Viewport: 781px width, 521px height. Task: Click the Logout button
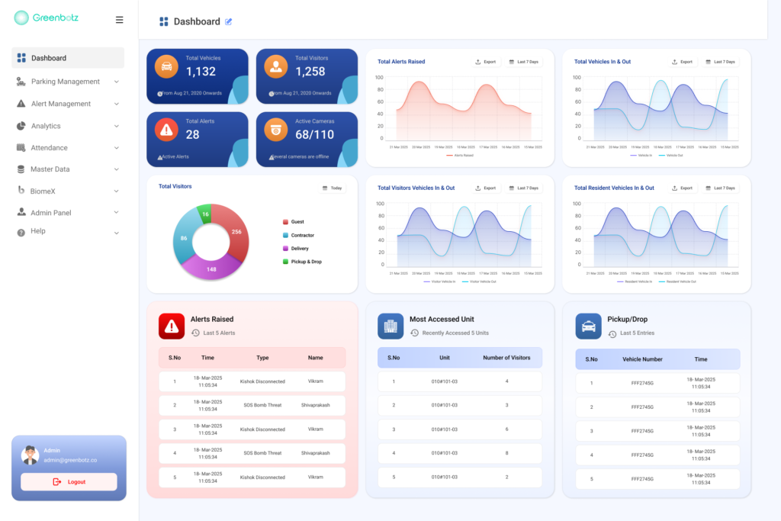[69, 482]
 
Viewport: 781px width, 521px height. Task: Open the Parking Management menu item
[65, 82]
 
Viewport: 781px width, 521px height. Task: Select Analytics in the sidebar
[46, 126]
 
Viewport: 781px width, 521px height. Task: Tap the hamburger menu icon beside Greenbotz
[119, 20]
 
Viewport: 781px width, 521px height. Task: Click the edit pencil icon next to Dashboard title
[229, 21]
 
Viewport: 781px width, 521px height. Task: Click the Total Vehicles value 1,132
[201, 72]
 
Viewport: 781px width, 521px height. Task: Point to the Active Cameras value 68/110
[314, 135]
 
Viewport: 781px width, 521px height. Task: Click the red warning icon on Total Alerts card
[166, 129]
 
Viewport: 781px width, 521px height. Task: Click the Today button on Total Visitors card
[332, 188]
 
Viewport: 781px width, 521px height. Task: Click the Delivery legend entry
[299, 248]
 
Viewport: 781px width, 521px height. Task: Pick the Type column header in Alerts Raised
[262, 358]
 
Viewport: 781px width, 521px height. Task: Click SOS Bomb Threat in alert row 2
[262, 405]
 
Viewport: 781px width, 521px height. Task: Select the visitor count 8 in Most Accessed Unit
[506, 453]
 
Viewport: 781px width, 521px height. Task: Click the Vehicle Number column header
[642, 359]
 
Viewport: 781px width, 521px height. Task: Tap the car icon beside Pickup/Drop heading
[588, 326]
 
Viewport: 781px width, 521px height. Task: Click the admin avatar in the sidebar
[30, 455]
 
